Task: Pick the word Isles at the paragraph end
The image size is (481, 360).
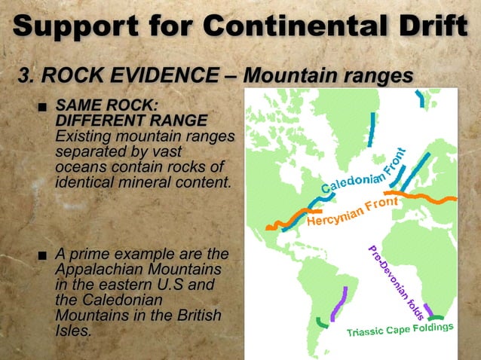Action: coord(73,329)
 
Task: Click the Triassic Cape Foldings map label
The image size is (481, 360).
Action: coord(400,330)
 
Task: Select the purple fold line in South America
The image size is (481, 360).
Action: coord(339,303)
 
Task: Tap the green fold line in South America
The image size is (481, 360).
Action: coord(322,323)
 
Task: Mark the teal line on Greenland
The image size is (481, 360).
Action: coord(371,123)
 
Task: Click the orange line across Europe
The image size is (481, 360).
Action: coord(422,197)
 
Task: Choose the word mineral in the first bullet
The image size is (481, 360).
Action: coord(154,181)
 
